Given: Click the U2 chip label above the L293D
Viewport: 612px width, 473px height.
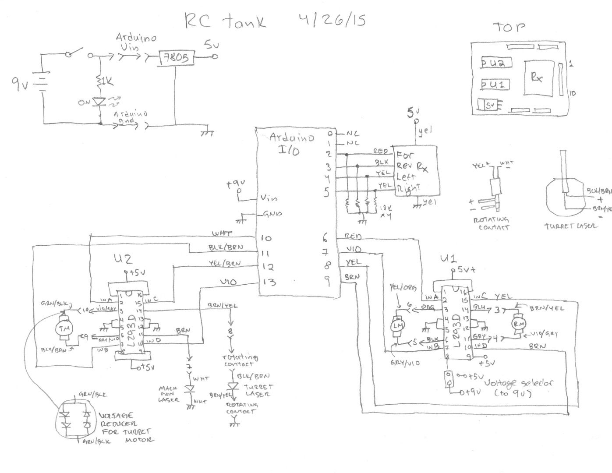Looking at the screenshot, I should point(122,259).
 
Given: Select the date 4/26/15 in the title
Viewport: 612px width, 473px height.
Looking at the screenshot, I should point(332,20).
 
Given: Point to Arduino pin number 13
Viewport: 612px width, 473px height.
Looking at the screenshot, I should point(268,282).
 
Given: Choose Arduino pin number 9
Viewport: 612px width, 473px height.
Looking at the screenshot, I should point(327,282).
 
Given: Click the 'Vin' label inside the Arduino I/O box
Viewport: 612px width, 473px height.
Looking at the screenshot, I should point(269,198).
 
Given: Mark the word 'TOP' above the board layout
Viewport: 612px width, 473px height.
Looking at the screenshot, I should point(509,27).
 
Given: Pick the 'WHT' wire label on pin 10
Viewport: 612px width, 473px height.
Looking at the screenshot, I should point(222,234).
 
